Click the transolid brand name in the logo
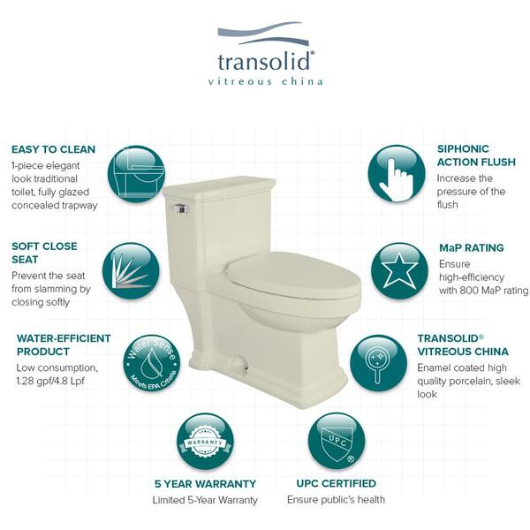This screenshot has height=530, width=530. click(263, 61)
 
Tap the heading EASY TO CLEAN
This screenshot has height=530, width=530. click(53, 149)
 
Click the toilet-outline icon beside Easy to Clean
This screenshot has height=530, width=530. click(136, 174)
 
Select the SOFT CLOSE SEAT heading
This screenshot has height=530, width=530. click(44, 253)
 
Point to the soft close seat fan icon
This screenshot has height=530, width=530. click(131, 271)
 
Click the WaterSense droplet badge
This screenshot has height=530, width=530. click(152, 364)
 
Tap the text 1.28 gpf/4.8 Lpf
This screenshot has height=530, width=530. click(50, 381)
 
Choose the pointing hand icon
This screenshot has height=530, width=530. click(397, 174)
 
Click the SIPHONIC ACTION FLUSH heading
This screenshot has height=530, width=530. click(476, 155)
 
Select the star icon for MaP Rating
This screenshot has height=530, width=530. click(399, 271)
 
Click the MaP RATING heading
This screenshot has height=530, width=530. click(471, 247)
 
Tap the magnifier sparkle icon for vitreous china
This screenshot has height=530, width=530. click(379, 364)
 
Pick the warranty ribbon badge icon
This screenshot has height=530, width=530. click(205, 442)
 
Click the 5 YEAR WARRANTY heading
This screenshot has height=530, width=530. click(205, 484)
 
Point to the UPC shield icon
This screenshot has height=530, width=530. click(337, 442)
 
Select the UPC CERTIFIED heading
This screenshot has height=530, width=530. click(337, 483)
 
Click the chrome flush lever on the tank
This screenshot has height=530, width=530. click(181, 208)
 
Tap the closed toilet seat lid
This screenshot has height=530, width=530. click(293, 275)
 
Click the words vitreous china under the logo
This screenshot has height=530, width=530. click(265, 81)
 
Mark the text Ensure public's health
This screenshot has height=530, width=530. click(336, 500)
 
